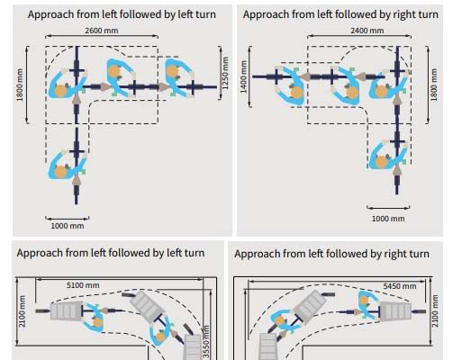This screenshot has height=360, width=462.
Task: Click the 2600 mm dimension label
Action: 102,31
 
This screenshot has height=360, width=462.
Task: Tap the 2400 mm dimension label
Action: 367,31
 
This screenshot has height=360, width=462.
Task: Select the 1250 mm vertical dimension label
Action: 225,73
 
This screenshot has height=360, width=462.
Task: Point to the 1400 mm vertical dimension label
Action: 243,77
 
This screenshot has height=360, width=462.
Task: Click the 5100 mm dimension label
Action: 83,285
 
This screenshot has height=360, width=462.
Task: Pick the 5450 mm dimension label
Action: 400,286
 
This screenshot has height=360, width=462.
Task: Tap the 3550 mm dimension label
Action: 206,342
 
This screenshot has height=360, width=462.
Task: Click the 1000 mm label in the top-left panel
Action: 68,226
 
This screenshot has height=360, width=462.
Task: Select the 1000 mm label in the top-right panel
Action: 388,219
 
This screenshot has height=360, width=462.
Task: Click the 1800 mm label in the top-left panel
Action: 20,85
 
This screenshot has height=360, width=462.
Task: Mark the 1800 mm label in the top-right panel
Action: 434,85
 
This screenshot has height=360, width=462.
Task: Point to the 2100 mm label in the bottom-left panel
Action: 22,311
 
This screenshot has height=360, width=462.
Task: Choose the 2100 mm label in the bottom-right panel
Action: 435,311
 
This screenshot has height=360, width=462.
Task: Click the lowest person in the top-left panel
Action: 67,165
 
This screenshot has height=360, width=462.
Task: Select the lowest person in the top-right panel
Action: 388,155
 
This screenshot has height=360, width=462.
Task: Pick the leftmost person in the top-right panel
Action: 290,85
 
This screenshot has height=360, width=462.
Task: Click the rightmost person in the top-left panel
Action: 179,77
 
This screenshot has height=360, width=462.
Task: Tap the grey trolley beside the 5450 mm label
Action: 395,311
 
